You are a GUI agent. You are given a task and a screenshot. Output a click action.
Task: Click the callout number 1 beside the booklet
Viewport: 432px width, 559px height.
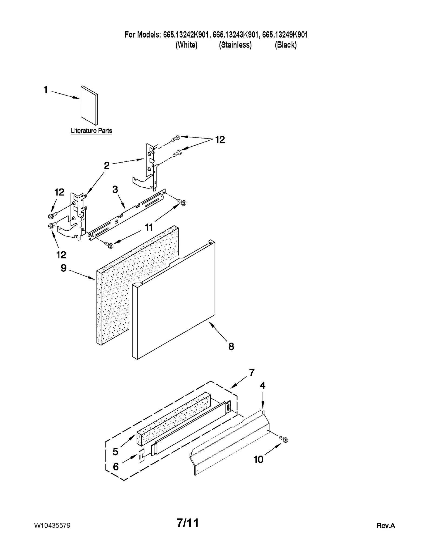[46, 90]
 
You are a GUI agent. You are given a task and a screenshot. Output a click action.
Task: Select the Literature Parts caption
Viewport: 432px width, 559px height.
[91, 131]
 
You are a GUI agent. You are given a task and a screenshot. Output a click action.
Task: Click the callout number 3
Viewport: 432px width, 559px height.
[115, 190]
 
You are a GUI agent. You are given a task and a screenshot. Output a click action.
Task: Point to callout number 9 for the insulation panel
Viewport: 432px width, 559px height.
[63, 268]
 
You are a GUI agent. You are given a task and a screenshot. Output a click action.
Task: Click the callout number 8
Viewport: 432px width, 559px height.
[231, 346]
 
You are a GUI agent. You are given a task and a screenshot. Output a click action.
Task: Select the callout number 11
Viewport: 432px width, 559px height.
[149, 227]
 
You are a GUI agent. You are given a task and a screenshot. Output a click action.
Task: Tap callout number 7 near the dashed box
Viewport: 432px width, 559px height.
[252, 372]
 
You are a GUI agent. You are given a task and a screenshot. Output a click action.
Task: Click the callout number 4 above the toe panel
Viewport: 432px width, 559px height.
[262, 385]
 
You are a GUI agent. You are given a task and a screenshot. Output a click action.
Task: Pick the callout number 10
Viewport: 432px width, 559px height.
[258, 459]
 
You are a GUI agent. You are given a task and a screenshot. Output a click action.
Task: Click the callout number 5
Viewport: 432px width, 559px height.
[115, 451]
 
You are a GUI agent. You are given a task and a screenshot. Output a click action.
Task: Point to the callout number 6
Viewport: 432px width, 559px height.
[116, 466]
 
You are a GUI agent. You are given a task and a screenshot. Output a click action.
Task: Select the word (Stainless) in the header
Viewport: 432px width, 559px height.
[235, 45]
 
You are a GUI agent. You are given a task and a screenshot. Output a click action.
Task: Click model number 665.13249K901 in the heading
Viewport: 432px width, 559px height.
[285, 35]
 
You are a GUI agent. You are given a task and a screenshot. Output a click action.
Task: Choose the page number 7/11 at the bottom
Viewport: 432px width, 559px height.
[188, 523]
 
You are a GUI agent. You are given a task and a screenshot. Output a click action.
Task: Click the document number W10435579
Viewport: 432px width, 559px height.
[52, 526]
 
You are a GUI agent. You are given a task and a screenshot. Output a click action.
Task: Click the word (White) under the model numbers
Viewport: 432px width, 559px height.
[186, 45]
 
